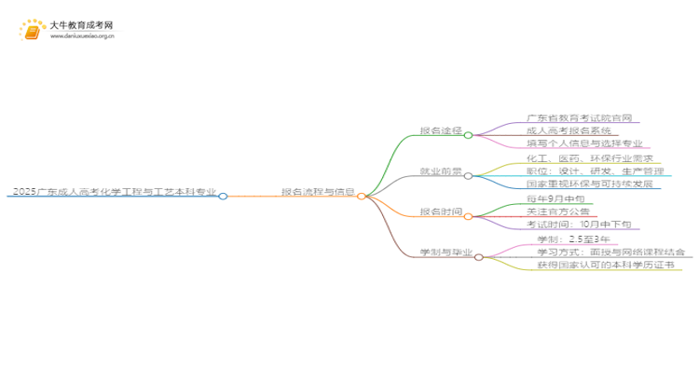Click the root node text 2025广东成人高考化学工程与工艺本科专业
click(114, 192)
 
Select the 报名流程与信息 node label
click(318, 192)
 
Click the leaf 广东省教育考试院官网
click(579, 118)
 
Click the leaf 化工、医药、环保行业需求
click(583, 158)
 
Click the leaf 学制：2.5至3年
click(567, 239)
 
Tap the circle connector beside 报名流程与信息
click(362, 197)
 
